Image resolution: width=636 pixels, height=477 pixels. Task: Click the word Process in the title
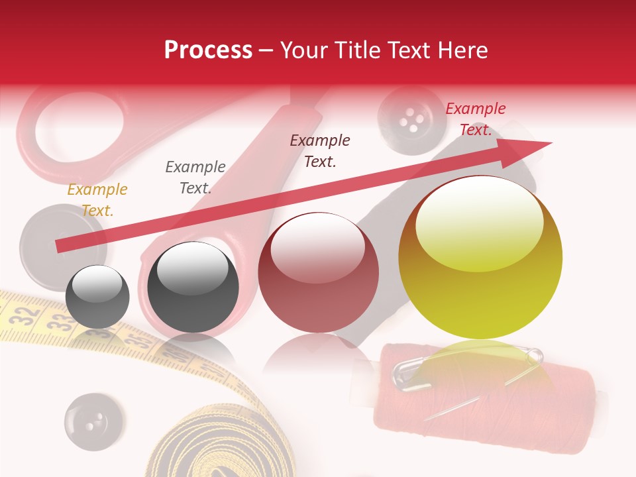(208, 50)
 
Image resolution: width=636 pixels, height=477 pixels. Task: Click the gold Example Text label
(97, 200)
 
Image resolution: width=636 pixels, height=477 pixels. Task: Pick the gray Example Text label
(195, 178)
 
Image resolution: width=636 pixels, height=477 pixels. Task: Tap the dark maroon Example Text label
(320, 151)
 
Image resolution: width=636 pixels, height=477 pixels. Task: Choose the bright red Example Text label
(475, 119)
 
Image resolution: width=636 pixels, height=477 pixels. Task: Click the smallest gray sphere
(97, 296)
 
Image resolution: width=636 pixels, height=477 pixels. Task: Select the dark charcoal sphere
(193, 287)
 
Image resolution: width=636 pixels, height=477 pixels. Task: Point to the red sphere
(318, 272)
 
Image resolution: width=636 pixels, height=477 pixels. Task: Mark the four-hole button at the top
(411, 121)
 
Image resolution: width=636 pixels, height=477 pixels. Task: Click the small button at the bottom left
(93, 421)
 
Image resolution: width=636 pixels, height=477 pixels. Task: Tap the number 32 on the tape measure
(25, 313)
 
